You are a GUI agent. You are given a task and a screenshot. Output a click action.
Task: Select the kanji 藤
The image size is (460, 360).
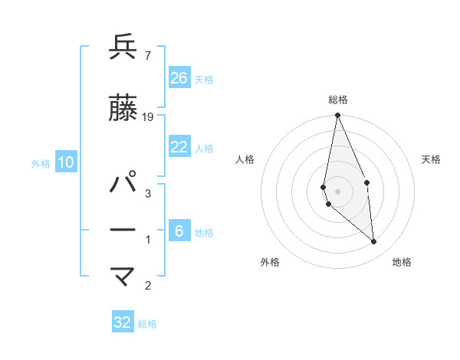(x=123, y=108)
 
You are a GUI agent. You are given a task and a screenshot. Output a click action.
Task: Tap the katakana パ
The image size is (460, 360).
(x=123, y=185)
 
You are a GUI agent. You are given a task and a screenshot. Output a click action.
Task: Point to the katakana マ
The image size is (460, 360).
(x=123, y=277)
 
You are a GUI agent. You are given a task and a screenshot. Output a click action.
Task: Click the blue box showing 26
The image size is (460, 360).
(x=179, y=77)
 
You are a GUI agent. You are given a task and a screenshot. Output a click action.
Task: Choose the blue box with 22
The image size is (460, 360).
(x=179, y=147)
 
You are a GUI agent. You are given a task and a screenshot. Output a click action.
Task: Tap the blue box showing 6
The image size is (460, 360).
(x=179, y=231)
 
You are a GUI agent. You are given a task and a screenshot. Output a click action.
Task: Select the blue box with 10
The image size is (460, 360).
(x=66, y=162)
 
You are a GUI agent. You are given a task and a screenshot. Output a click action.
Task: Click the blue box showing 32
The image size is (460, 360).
(x=123, y=322)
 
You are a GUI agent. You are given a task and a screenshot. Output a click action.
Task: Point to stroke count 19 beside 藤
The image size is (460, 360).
(x=148, y=116)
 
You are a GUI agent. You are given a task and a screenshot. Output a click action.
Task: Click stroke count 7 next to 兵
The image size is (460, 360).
(x=147, y=55)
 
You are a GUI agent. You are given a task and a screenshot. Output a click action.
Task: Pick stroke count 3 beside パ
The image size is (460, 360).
(x=147, y=194)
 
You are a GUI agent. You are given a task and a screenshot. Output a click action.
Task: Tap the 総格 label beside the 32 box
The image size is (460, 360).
(x=147, y=324)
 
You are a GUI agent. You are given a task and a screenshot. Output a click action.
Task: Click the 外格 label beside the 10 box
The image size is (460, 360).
(x=41, y=163)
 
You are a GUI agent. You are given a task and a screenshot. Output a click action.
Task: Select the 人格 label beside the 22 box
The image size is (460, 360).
(x=204, y=149)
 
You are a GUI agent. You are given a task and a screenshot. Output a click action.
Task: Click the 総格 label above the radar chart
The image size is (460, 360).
(x=337, y=100)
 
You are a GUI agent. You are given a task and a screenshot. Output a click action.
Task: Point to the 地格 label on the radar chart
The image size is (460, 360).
(x=402, y=262)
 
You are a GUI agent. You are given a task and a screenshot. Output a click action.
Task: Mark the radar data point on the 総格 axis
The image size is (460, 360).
(x=337, y=116)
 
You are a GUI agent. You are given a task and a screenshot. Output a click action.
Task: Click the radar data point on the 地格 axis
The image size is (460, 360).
(x=374, y=242)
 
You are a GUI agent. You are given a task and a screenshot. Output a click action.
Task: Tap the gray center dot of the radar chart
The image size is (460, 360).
(x=337, y=191)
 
